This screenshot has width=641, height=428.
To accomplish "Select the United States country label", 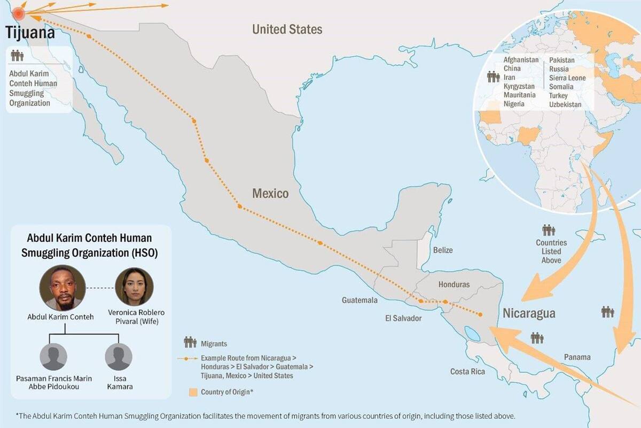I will point(287,29).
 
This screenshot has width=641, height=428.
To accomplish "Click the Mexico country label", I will point(270,193).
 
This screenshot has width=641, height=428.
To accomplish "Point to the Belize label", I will point(443,250).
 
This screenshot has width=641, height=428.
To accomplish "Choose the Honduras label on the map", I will point(454,284).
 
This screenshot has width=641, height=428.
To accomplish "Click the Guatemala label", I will point(359,300).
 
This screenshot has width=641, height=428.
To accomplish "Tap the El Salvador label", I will point(403,318).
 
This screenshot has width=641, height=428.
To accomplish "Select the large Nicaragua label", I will point(529,313).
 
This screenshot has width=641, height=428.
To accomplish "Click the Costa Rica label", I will point(467,371).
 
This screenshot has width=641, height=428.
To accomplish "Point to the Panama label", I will point(577,357).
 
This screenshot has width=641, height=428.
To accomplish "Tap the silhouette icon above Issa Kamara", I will point(119,357).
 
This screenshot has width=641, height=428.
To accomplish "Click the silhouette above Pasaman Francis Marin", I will point(53,357).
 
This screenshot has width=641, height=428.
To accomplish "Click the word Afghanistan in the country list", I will point(521,60).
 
